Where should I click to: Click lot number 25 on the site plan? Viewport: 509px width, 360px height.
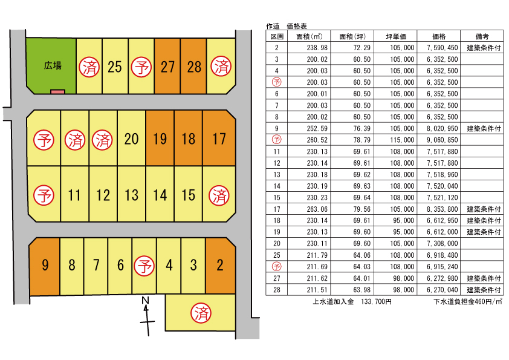(114, 67)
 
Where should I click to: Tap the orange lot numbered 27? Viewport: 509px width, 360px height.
(167, 67)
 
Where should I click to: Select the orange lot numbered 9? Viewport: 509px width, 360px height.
(45, 265)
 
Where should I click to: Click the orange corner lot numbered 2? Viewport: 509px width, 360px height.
(220, 265)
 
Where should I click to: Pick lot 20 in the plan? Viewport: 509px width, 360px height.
(131, 139)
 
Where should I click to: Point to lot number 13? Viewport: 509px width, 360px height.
(131, 195)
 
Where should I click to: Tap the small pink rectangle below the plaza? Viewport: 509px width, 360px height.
(57, 91)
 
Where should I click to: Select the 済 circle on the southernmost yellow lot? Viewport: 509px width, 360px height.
(200, 313)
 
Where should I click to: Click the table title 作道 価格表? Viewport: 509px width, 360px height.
(287, 27)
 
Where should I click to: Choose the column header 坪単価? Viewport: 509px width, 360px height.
(395, 36)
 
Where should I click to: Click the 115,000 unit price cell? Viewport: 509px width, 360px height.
(400, 139)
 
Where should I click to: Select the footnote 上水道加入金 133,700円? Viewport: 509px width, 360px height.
(352, 301)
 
